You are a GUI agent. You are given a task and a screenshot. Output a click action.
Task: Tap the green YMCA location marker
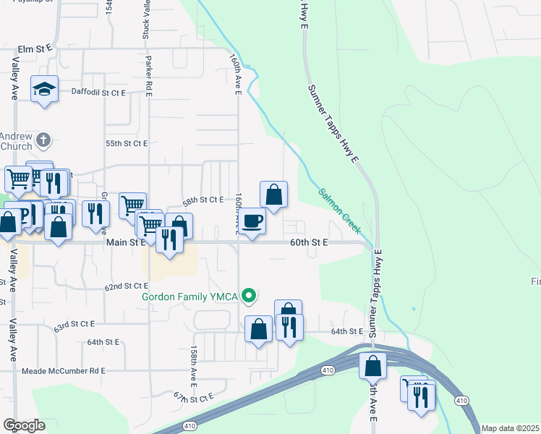tap(250, 295)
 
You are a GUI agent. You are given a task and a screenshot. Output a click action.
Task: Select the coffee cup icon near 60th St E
tap(252, 221)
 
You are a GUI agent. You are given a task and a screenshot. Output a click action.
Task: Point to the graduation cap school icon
tap(44, 89)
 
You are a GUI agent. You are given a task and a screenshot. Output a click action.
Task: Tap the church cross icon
tap(43, 139)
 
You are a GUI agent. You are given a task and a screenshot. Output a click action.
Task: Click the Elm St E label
tap(35, 47)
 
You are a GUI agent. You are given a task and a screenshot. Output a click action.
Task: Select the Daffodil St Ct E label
tap(98, 92)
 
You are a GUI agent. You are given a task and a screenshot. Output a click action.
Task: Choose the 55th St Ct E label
tap(127, 144)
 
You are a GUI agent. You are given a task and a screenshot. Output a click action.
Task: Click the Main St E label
tap(127, 244)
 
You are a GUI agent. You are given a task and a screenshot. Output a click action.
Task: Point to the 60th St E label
tap(310, 244)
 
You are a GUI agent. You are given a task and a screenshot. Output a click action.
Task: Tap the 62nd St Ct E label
tap(126, 286)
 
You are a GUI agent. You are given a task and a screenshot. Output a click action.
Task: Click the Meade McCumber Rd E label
tap(64, 371)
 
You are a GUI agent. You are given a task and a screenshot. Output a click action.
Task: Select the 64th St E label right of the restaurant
tap(346, 331)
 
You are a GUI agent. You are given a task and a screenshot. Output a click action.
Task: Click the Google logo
tap(23, 425)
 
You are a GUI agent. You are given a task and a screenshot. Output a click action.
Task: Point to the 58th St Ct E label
tap(203, 200)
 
